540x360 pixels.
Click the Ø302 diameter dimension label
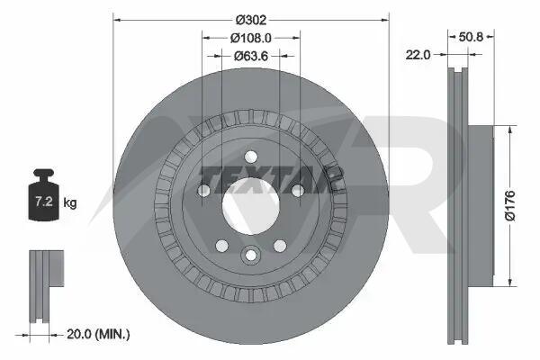[251, 20]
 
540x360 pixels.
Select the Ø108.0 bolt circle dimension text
[251, 38]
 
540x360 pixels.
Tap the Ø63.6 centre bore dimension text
[251, 56]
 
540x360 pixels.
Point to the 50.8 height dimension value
[471, 37]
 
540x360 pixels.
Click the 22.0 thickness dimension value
[418, 54]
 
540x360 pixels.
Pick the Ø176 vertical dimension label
[510, 205]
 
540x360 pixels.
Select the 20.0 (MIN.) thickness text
[98, 334]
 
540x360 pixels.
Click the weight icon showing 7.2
[43, 194]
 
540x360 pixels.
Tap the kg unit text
[70, 202]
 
